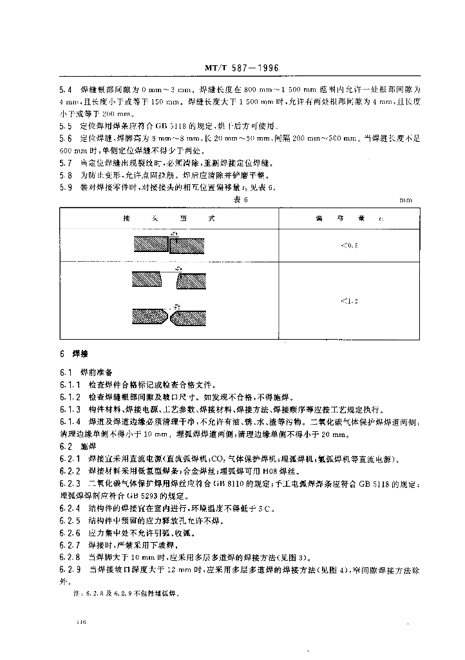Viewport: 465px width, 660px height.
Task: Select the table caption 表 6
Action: pos(240,200)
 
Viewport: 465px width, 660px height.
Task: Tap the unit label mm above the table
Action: pos(405,200)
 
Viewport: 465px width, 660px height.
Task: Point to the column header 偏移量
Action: pos(350,219)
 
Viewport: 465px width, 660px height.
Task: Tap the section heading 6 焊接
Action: pos(68,354)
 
